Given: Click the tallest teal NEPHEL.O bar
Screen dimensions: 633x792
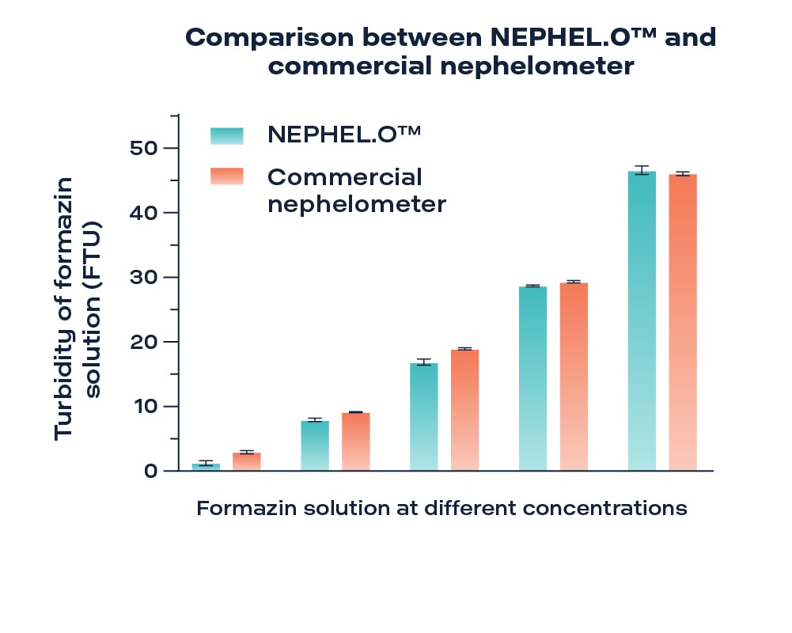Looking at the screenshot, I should (x=642, y=320).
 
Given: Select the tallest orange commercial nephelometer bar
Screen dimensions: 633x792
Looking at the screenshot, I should (x=683, y=322).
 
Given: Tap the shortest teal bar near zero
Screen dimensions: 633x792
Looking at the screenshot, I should (x=206, y=467).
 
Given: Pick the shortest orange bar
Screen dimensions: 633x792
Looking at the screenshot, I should (x=247, y=461).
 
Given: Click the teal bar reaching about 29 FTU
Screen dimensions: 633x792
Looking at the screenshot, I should (x=532, y=378).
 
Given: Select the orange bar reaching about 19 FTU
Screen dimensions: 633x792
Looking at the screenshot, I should (x=464, y=410).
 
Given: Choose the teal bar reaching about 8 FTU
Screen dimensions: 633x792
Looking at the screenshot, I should (x=315, y=445).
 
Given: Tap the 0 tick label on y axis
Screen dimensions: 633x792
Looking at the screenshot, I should (x=150, y=472).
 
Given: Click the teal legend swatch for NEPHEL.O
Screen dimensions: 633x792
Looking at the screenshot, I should (x=227, y=135).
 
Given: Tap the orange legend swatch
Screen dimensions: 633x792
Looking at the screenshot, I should (x=227, y=176).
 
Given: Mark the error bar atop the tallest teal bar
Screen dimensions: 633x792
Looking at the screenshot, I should (x=642, y=169).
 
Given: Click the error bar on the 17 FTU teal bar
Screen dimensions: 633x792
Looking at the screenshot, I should (x=423, y=362).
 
